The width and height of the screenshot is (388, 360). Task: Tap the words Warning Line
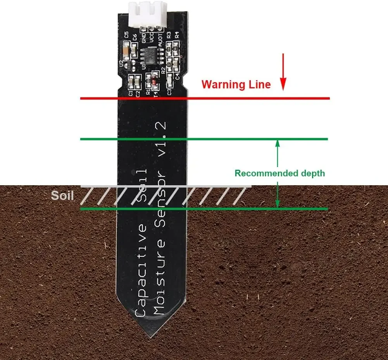pyautogui.click(x=236, y=84)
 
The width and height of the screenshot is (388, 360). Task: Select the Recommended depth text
pyautogui.click(x=279, y=173)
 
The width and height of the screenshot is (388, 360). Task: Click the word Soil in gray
pyautogui.click(x=62, y=195)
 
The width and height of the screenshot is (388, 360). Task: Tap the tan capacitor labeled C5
pyautogui.click(x=126, y=51)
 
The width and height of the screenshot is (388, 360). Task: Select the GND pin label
pyautogui.click(x=144, y=38)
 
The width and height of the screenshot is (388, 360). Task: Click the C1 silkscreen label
pyautogui.click(x=131, y=93)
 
